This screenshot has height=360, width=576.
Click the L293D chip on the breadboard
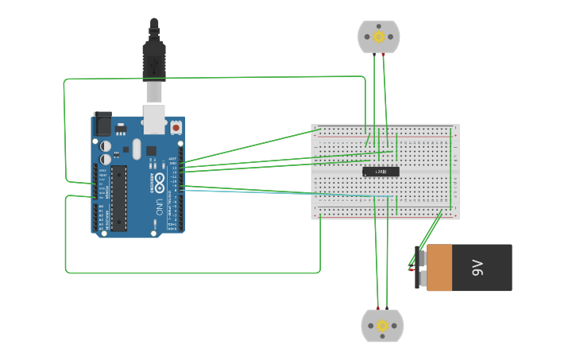coord(381,172)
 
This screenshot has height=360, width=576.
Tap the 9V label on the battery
coord(477,268)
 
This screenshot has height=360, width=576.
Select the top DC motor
coord(379,37)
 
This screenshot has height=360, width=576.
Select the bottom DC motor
coord(382,326)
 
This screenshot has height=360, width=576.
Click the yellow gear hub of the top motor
coord(379,37)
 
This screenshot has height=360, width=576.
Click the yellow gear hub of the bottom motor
coord(382,326)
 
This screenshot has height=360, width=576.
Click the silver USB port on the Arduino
coord(153,118)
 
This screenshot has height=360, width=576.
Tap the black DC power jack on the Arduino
coord(102,124)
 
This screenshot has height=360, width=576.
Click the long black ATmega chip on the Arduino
coord(118,197)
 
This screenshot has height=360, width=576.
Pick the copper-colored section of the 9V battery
coord(439,268)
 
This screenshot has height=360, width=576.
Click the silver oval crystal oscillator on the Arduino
coord(137,148)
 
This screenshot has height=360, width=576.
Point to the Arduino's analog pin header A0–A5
coord(95,219)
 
